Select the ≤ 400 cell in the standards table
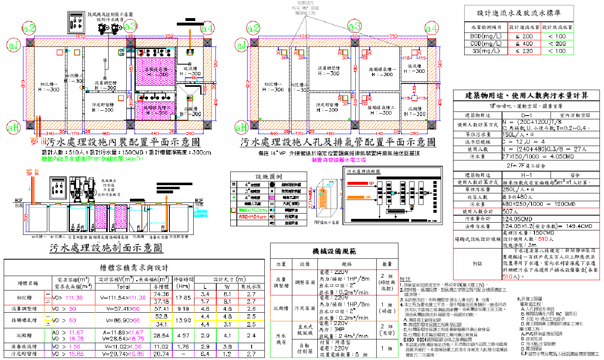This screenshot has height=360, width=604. click(x=524, y=44)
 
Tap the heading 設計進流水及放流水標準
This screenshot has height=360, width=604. click(x=518, y=13)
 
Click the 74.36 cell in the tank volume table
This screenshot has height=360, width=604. click(x=161, y=294)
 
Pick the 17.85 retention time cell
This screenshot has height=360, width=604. click(x=183, y=297)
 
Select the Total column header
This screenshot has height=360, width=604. click(x=123, y=287)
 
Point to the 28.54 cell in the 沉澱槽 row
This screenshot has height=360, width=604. click(x=161, y=336)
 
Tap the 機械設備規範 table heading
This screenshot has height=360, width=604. click(x=334, y=251)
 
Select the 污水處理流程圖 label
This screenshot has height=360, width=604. click(x=363, y=171)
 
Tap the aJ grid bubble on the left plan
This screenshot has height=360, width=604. click(x=14, y=45)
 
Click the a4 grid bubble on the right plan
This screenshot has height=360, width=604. click(x=431, y=28)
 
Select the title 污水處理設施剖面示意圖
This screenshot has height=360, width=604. click(x=106, y=248)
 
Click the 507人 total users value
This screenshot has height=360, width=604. click(x=510, y=211)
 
